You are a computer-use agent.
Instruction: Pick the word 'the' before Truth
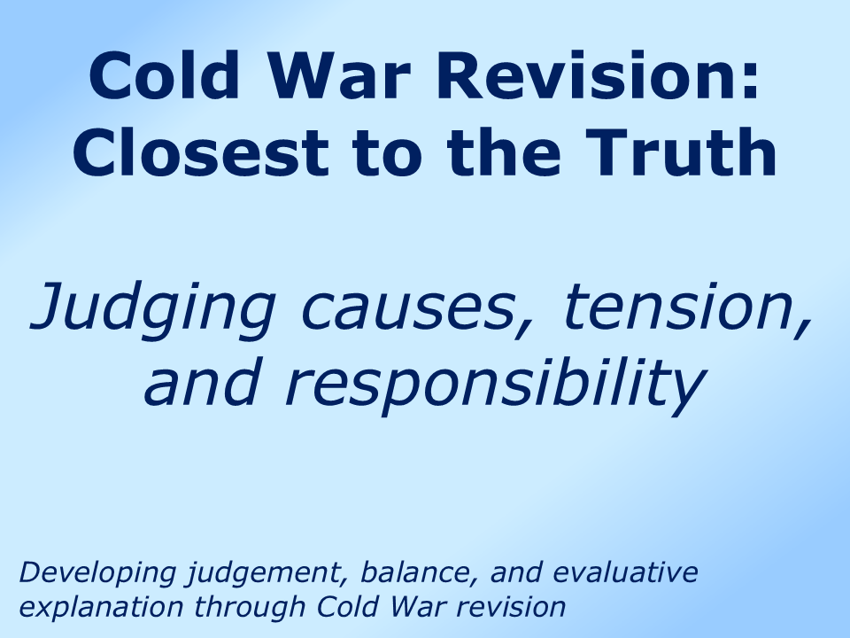coord(507,152)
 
